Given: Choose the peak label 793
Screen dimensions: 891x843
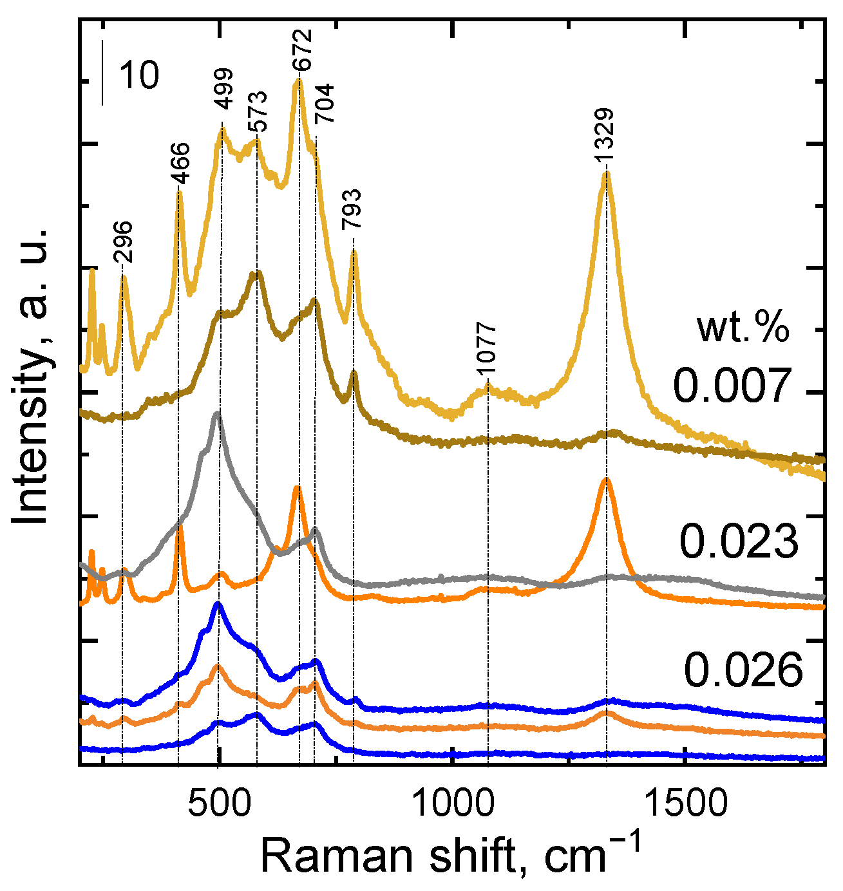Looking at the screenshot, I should click(x=352, y=210).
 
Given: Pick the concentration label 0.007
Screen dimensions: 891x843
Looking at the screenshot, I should click(x=732, y=385).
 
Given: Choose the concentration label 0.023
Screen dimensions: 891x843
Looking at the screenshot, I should click(x=739, y=541).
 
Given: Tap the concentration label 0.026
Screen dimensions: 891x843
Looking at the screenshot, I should click(x=743, y=670).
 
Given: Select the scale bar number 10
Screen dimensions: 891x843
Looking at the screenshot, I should click(x=138, y=76).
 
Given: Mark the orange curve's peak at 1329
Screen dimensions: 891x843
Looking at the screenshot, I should click(x=605, y=479).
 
